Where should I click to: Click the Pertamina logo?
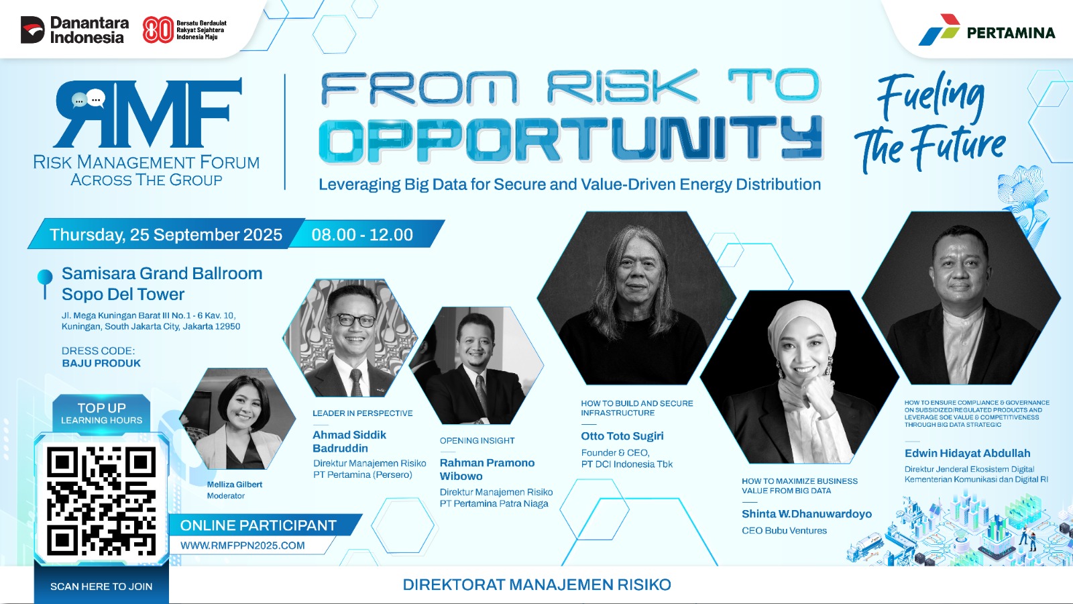[x=986, y=30]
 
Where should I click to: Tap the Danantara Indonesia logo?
[x=74, y=30]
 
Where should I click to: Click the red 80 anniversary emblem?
[x=158, y=30]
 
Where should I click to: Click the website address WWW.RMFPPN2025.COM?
[x=242, y=546]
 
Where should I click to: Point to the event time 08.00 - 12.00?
[x=362, y=234]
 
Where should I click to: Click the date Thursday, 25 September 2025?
[x=166, y=234]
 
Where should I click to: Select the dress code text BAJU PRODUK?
[x=101, y=363]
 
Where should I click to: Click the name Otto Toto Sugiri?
[x=622, y=436]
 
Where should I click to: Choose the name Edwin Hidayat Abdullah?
[x=967, y=453]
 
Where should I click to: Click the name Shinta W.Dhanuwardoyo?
[x=807, y=514]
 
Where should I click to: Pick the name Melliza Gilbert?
[x=235, y=484]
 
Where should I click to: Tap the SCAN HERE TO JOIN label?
[x=101, y=587]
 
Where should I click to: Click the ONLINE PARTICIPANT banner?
[x=259, y=525]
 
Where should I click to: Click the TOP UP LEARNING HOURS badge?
[x=101, y=413]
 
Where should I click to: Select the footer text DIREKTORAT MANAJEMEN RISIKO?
[x=537, y=585]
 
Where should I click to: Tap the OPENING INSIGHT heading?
[x=477, y=440]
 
